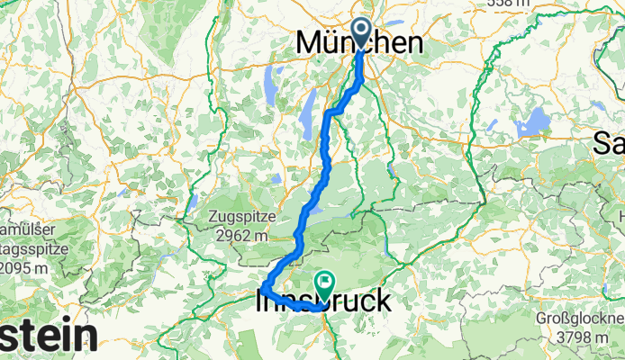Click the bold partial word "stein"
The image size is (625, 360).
(x=50, y=337)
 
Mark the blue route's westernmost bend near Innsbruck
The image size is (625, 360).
(x=264, y=289)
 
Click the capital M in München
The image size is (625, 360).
(x=310, y=41)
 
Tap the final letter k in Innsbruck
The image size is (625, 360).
(x=384, y=301)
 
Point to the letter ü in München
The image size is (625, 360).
(x=336, y=41)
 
